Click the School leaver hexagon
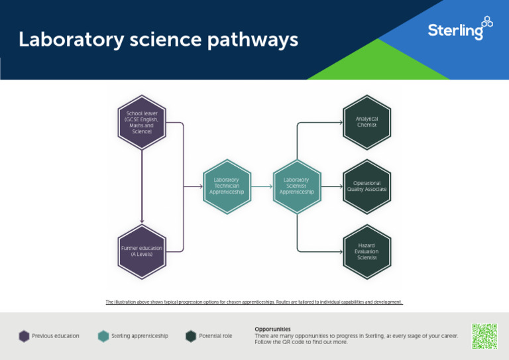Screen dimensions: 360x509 pos(141,123)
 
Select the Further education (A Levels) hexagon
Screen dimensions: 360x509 pos(141,251)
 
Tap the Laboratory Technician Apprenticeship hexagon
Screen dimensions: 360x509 pos(227,186)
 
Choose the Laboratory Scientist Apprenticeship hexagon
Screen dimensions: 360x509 pos(296,186)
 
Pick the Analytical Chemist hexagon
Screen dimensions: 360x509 pos(367,123)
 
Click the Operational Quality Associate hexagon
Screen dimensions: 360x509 pos(367,186)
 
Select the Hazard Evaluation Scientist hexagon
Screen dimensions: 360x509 pos(367,251)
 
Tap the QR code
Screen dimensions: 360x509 pos(484,336)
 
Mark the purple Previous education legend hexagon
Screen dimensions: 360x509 pos(25,336)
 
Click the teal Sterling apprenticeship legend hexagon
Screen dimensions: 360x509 pos(103,336)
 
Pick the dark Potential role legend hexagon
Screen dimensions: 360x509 pos(192,336)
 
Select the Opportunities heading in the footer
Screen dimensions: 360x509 pos(272,329)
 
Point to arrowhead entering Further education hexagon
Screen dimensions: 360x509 pos(141,221)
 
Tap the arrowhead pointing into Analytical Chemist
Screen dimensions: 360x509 pos(339,123)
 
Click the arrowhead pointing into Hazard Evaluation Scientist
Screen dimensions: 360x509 pos(339,251)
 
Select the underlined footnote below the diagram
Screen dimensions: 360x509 pos(254,302)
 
